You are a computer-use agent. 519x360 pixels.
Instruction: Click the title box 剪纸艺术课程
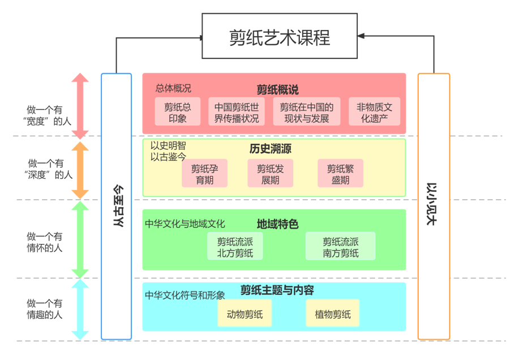[x=280, y=37]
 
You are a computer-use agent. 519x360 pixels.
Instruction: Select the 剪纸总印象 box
[x=178, y=112]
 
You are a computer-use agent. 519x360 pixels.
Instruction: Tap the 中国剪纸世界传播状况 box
[x=237, y=112]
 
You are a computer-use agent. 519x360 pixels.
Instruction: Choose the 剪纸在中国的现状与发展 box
[x=307, y=112]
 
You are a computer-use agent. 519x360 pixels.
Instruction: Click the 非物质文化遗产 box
[x=374, y=112]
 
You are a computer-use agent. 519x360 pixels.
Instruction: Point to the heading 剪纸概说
[x=277, y=89]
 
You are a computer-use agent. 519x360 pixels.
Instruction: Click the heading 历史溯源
[x=270, y=149]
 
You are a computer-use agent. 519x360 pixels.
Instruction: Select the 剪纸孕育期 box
[x=204, y=174]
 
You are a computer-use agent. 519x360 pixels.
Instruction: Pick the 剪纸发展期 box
[x=270, y=174]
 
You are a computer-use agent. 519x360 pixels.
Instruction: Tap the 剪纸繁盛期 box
[x=340, y=174]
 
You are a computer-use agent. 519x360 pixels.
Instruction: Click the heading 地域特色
[x=277, y=224]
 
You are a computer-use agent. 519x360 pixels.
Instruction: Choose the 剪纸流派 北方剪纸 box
[x=235, y=247]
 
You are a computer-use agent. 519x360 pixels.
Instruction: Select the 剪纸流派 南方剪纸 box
[x=341, y=247]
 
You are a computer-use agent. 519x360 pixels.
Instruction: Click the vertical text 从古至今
[x=117, y=206]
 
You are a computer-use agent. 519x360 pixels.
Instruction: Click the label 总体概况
[x=173, y=89]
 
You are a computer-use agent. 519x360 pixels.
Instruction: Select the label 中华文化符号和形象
[x=185, y=295]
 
